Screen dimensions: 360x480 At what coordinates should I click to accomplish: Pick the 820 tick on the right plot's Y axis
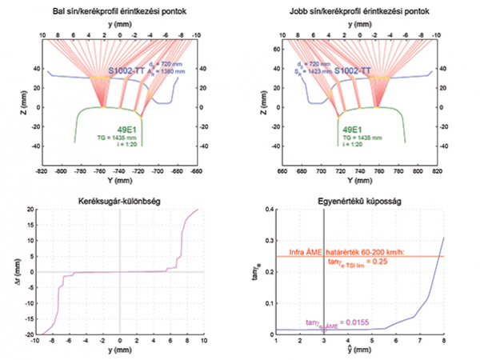click(x=436, y=170)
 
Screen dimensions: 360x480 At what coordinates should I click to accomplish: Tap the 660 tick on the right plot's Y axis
click(x=280, y=170)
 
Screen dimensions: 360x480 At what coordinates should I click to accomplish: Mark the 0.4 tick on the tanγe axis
click(x=266, y=209)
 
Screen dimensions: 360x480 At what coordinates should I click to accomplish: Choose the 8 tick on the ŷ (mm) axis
click(x=444, y=342)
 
